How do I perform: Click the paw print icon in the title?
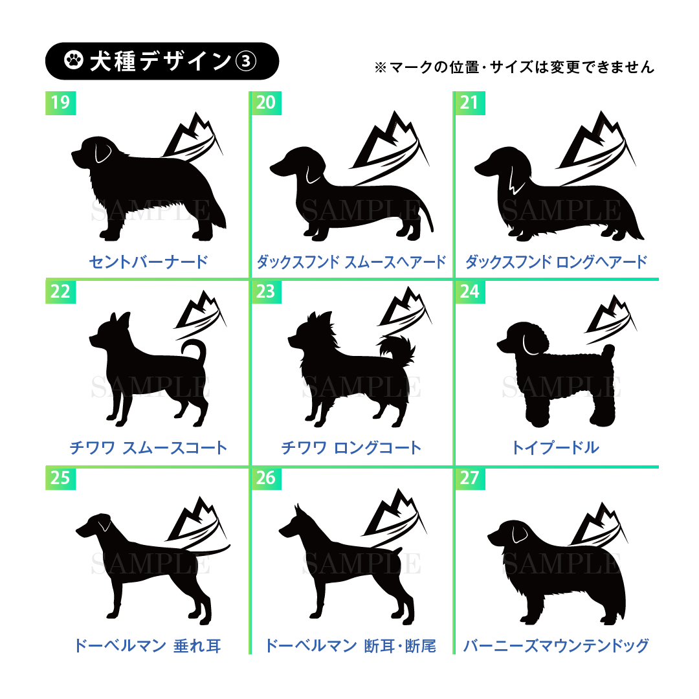tap(74, 60)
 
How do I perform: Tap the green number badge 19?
tap(61, 103)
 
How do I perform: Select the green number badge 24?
tap(470, 291)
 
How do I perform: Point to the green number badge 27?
tap(470, 478)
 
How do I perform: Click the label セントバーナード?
tap(148, 261)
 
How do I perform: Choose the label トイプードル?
tap(555, 448)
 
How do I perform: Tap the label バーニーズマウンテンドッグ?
tap(556, 645)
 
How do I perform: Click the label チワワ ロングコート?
tap(351, 448)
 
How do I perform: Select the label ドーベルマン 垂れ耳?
tap(148, 645)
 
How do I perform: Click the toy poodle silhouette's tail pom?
tap(608, 351)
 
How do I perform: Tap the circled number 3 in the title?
tap(246, 61)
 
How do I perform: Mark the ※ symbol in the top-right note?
tap(381, 68)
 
